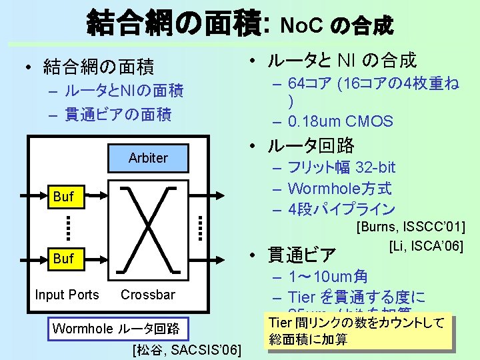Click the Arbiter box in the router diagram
(x=148, y=158)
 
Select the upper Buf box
(x=63, y=197)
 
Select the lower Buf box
(x=63, y=259)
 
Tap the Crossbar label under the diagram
(x=148, y=295)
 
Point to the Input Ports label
(x=67, y=295)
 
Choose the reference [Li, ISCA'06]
(x=425, y=247)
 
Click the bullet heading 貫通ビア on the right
(x=301, y=255)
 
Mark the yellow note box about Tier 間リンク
(x=357, y=331)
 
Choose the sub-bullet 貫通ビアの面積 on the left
(x=117, y=115)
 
